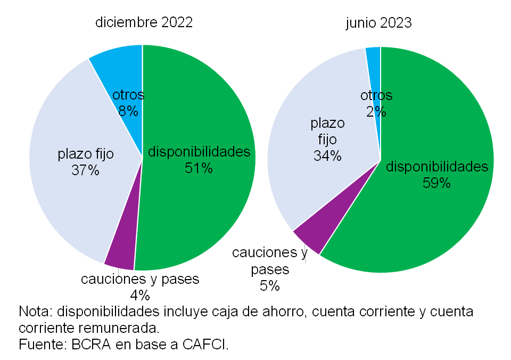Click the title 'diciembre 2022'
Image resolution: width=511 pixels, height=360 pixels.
coord(144,22)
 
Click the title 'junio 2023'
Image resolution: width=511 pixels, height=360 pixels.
coord(378,22)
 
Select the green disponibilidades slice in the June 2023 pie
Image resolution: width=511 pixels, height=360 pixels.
coord(426,224)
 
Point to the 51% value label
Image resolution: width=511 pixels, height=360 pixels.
coord(199,168)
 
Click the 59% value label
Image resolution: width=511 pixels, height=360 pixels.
coord(436,183)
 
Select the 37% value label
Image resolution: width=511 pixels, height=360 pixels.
coord(85,171)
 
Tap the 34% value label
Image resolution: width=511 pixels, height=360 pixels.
coord(327,156)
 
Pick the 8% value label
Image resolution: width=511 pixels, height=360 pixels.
coord(128,111)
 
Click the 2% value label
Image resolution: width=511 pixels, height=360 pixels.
coord(376,111)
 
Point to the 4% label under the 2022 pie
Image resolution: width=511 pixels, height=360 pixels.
coord(140,295)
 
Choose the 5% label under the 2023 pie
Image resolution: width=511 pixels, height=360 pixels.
coord(270,285)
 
